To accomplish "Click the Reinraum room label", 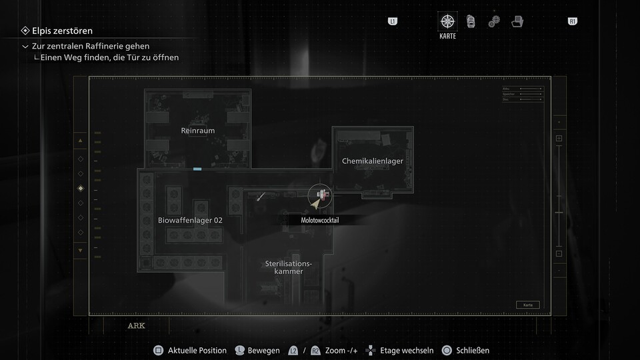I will coord(198,131).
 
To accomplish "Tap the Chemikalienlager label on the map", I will coord(372,161).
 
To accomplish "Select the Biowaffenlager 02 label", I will coord(190,220).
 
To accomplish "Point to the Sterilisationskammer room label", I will coord(289,267).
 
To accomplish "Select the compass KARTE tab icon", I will coord(447,21).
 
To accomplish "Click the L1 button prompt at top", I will coord(393,21).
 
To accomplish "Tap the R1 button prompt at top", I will coord(572,21).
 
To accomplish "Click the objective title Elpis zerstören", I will coord(62,31).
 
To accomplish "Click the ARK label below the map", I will coord(136,326).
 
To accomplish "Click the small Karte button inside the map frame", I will coord(527,305).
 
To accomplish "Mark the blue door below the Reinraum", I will coord(197,169).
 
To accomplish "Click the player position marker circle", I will coord(321,196).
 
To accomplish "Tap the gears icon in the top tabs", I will coord(494,21).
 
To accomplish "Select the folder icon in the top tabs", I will coord(517,21).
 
